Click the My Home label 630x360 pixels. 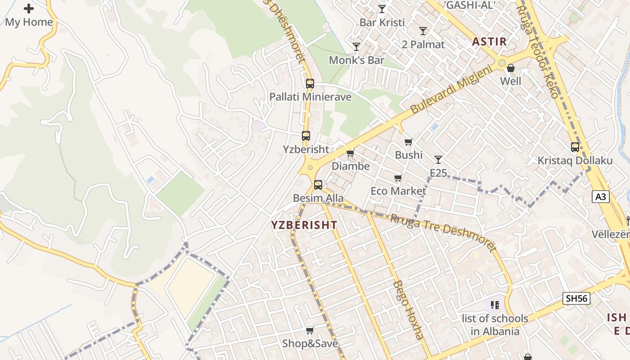point(29,22)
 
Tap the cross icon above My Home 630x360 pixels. point(29,9)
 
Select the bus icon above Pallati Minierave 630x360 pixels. point(310,83)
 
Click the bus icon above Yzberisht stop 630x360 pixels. point(306,135)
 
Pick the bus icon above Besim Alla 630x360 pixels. point(318,184)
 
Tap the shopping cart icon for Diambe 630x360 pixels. point(351,153)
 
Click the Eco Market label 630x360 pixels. point(398,191)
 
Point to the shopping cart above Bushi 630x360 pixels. point(409,142)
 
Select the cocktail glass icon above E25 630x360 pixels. point(438,159)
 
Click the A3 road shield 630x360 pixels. point(601,197)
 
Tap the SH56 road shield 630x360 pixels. point(576,298)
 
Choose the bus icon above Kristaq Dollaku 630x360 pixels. point(575,147)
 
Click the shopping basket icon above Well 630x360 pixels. point(511,68)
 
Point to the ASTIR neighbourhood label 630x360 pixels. point(489,42)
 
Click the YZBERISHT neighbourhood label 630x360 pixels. point(304,225)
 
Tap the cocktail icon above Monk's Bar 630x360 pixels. point(356,46)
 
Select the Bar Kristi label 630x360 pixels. point(382,22)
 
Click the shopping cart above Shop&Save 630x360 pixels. point(310,331)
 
